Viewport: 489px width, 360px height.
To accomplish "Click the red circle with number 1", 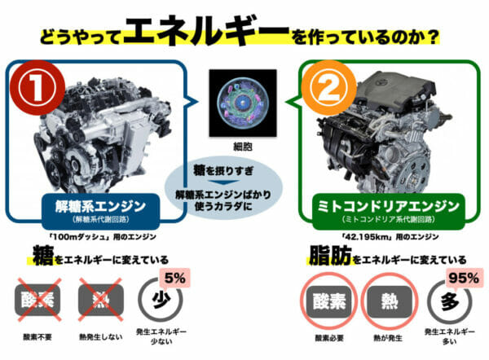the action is [x=37, y=88].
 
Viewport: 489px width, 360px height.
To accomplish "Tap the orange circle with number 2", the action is [x=328, y=88].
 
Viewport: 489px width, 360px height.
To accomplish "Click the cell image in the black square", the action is [x=243, y=103].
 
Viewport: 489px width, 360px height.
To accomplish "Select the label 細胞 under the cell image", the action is [x=243, y=147].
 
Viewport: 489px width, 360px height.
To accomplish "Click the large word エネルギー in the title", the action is [x=207, y=31].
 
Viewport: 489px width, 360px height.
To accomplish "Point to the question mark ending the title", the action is [x=432, y=37].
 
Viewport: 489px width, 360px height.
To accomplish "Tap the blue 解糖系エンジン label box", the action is [x=100, y=211].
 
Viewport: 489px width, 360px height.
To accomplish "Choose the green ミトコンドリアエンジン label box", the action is [x=388, y=211].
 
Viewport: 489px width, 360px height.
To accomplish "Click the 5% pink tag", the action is [x=174, y=278].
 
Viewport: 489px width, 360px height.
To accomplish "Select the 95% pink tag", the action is [x=464, y=278].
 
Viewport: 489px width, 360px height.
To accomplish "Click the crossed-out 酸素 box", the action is [x=37, y=300].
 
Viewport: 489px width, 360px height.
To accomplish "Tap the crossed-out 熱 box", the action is [x=101, y=300].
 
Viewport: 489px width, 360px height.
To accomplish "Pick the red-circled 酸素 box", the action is [x=329, y=301].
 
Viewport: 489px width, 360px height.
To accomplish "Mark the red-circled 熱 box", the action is [x=390, y=301].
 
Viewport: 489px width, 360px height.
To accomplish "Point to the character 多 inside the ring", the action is [x=450, y=301].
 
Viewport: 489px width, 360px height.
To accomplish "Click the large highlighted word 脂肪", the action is [x=331, y=255].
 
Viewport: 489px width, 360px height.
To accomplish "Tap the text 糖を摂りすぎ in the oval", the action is [x=223, y=170].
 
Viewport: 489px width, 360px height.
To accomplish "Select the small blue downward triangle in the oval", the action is [x=223, y=182].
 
